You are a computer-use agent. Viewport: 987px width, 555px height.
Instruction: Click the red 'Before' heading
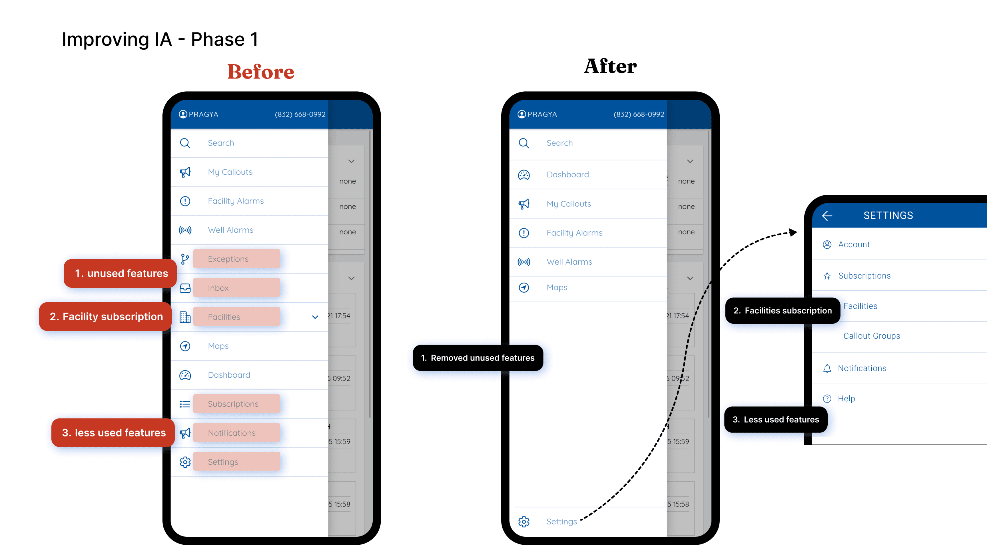click(260, 72)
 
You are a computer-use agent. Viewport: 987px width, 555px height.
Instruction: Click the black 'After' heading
click(610, 66)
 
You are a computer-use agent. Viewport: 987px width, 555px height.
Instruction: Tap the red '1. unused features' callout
click(121, 273)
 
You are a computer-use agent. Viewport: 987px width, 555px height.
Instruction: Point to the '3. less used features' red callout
click(113, 433)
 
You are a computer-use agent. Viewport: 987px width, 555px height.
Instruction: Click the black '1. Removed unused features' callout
click(478, 358)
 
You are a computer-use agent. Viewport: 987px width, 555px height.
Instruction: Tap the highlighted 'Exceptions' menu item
click(236, 259)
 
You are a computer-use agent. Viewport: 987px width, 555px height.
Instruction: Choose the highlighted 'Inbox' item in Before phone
click(236, 288)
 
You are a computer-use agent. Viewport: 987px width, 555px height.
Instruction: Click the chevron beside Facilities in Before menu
click(315, 317)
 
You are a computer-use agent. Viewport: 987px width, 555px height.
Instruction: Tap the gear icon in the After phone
click(524, 521)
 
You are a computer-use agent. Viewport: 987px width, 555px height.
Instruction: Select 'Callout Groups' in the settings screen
click(872, 336)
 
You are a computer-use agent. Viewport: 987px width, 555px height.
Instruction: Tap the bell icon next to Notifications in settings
click(827, 369)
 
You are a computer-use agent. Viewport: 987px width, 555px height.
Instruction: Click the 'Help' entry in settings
click(846, 398)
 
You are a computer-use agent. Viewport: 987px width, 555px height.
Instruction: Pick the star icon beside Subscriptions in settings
click(827, 276)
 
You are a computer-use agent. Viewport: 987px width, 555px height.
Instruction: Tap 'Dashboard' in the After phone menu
click(567, 175)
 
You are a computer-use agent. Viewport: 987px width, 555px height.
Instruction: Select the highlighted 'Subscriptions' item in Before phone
click(236, 404)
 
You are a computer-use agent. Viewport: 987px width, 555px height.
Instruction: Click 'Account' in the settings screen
click(854, 244)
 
